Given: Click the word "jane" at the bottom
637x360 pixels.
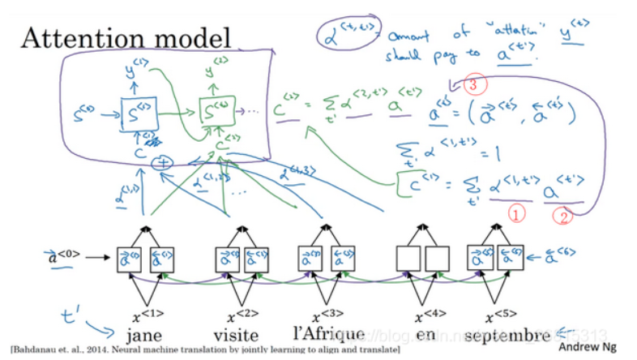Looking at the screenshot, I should [x=147, y=336].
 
